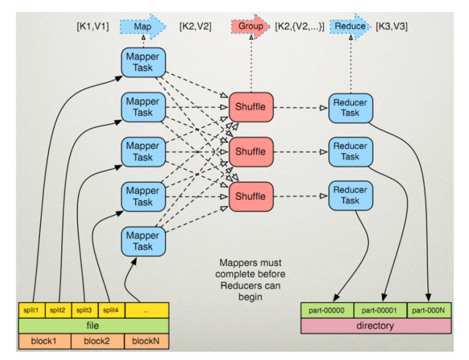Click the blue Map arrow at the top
[x=142, y=26]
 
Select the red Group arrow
[x=250, y=26]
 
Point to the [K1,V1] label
[x=93, y=26]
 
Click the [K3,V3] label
[x=392, y=26]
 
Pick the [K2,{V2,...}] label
[x=300, y=26]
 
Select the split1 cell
[x=32, y=310]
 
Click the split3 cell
[x=85, y=310]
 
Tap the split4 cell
[x=111, y=310]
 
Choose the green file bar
[x=94, y=326]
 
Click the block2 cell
[x=97, y=341]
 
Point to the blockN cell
[x=147, y=341]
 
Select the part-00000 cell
[x=327, y=310]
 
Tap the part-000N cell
[x=429, y=310]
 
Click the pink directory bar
[x=376, y=326]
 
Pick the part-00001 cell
[x=380, y=310]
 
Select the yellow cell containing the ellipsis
[x=147, y=310]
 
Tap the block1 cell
[x=45, y=341]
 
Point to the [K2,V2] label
[x=195, y=26]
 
